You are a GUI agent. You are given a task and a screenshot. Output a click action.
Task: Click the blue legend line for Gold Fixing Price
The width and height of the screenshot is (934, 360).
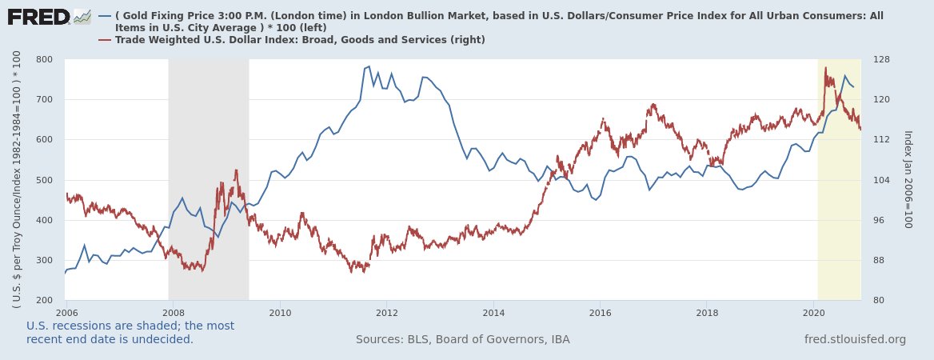point(104,16)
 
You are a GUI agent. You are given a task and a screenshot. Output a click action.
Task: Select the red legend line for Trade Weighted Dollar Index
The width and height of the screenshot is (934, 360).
point(104,39)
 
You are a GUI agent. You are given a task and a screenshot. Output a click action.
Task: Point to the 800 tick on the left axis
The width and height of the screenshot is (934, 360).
point(44,60)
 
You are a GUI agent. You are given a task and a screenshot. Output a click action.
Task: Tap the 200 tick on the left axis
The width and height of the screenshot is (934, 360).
point(44,301)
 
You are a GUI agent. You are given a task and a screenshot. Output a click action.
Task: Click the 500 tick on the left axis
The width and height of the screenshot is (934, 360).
point(44,180)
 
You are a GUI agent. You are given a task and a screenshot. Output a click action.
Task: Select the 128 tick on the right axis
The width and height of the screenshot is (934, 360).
point(880,60)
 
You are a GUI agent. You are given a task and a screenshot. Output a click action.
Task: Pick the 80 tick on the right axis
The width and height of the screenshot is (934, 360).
point(877,301)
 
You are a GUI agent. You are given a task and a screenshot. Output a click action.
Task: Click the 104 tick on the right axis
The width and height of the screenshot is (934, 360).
point(880,180)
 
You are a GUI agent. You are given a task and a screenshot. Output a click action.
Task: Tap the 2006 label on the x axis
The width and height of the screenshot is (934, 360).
point(66,312)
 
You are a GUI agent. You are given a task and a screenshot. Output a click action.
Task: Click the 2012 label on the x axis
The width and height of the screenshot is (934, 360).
point(387,312)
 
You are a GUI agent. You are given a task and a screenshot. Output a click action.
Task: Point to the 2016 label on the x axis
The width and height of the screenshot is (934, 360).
point(601,312)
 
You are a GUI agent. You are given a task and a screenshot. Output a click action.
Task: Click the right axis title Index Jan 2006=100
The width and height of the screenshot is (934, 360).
point(908,179)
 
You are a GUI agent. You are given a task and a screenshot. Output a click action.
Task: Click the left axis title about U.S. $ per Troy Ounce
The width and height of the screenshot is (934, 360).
point(16,180)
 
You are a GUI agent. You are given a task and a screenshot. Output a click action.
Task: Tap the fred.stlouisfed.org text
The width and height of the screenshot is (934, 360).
point(855,340)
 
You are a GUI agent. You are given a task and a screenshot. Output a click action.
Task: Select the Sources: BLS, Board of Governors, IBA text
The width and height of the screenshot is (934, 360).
point(462,340)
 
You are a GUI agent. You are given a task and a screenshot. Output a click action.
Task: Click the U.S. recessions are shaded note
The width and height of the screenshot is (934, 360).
point(130,333)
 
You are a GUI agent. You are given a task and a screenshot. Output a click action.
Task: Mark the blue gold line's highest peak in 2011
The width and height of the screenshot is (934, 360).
point(368,66)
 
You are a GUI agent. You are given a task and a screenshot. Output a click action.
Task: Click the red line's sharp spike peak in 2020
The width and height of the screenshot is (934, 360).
point(825,68)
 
